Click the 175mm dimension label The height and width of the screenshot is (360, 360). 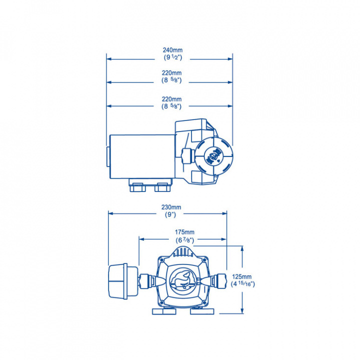(x=185, y=232)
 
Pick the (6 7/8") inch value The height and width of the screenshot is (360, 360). (x=185, y=240)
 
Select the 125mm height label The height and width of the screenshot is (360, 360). (x=242, y=276)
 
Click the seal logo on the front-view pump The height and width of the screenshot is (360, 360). (x=181, y=280)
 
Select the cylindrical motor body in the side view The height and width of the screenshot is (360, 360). (x=141, y=156)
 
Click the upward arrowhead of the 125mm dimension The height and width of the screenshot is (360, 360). (x=243, y=248)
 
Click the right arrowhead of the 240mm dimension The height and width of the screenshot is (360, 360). (x=230, y=59)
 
